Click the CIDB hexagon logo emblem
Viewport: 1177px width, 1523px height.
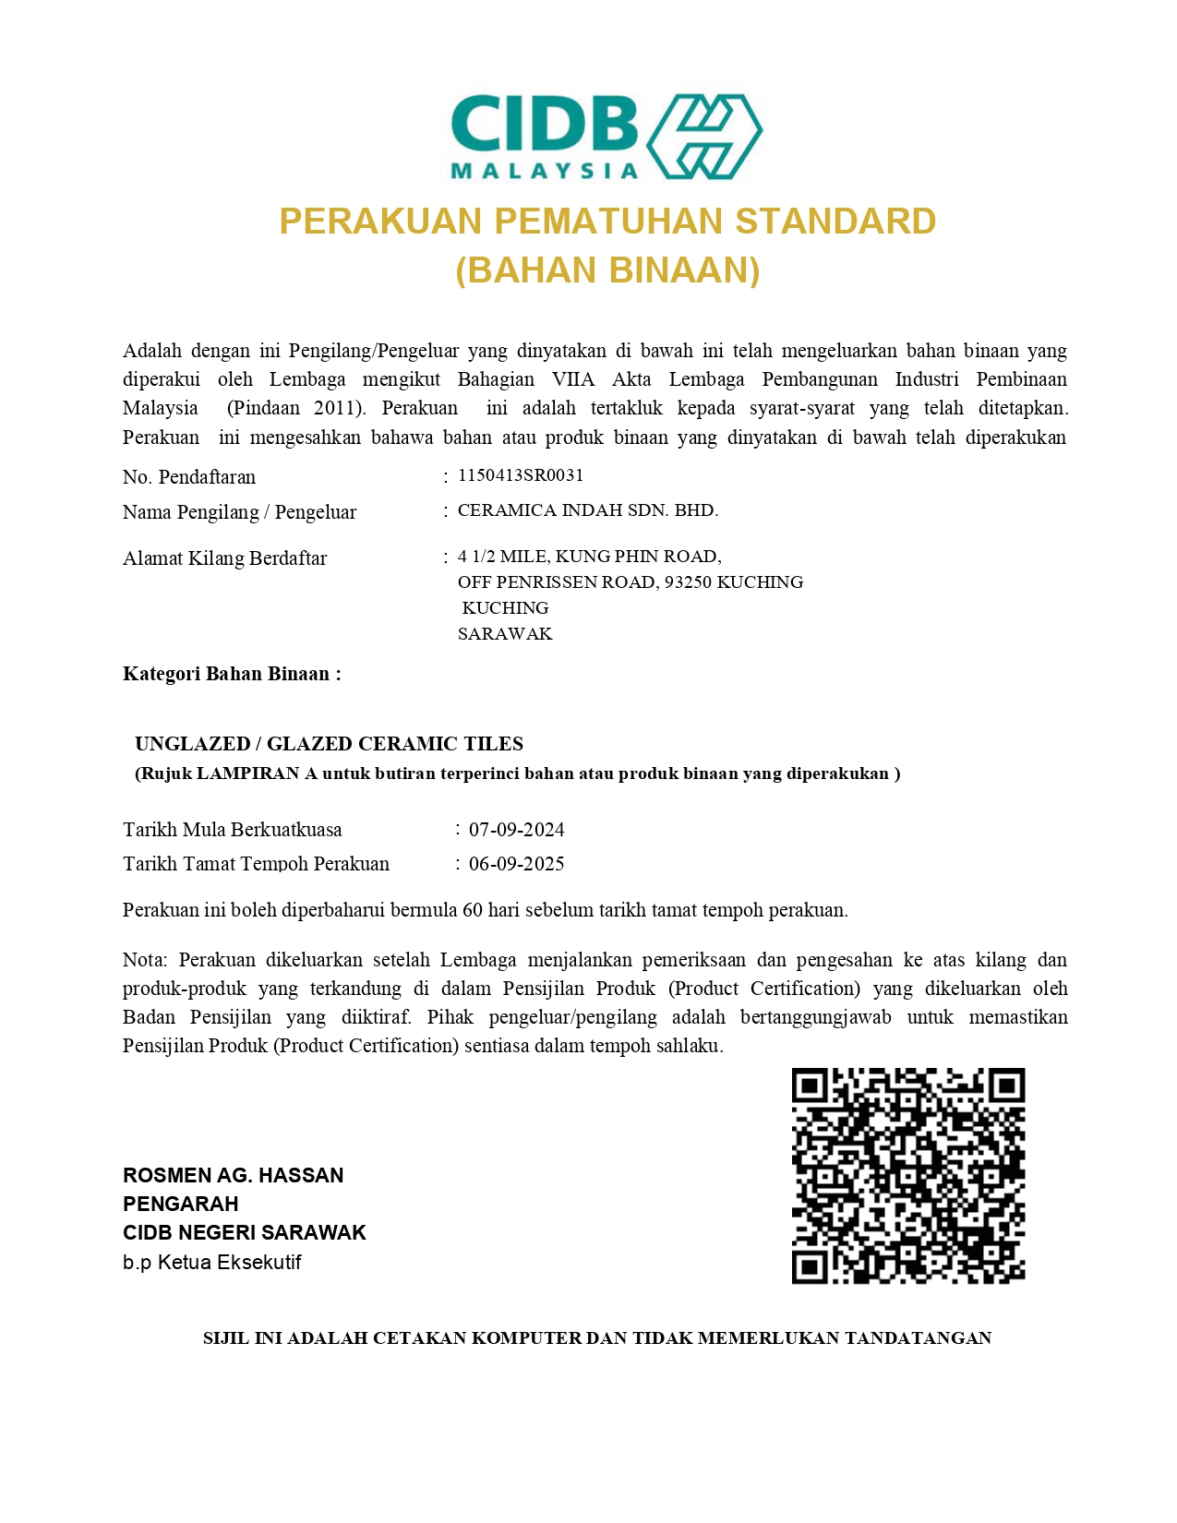click(703, 137)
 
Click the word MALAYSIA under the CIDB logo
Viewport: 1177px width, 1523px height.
click(544, 171)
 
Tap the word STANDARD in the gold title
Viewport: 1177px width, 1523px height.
click(835, 222)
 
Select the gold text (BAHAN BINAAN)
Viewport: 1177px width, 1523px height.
click(607, 270)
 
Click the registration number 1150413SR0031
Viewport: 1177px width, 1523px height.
click(521, 475)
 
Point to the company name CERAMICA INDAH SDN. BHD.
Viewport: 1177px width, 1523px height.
click(588, 510)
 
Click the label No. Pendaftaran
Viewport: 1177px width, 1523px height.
click(189, 477)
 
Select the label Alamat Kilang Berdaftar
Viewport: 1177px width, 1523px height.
click(224, 558)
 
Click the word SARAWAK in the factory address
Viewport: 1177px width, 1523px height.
click(505, 634)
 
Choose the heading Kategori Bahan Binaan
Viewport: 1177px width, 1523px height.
click(232, 674)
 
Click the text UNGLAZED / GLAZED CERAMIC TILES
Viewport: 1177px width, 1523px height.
click(329, 744)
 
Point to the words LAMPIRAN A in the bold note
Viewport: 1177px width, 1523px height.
click(257, 773)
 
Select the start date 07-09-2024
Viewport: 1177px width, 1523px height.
click(516, 830)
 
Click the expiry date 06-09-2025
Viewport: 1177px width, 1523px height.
click(516, 864)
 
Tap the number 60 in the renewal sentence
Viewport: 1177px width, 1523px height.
click(473, 910)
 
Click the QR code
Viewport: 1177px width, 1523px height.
click(908, 1176)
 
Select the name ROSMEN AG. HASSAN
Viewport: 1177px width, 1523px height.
click(233, 1175)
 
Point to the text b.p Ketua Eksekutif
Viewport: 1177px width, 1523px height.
click(211, 1262)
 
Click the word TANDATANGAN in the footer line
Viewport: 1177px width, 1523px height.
click(918, 1337)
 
